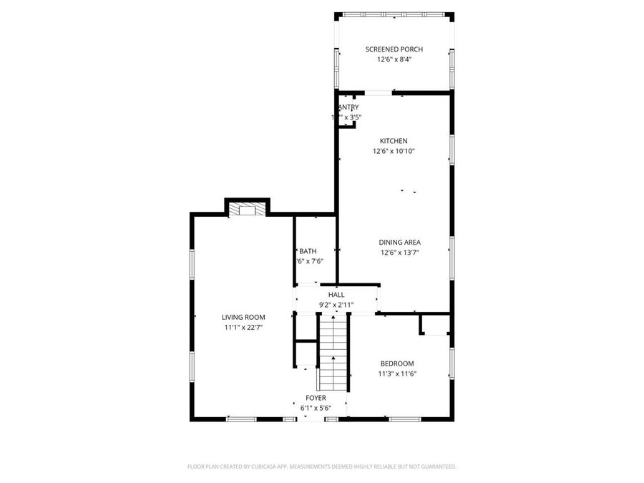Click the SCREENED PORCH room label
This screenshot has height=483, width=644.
tap(394, 49)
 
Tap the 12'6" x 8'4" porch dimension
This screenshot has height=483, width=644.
tap(394, 59)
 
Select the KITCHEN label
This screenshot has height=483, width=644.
tap(394, 141)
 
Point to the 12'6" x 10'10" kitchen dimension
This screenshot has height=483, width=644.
tap(394, 151)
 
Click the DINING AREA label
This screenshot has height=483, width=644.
tap(399, 242)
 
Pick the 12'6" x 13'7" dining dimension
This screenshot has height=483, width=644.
tap(399, 252)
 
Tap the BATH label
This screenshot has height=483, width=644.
tap(308, 251)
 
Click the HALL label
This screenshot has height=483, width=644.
tap(336, 294)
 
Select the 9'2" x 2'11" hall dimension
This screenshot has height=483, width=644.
tap(336, 304)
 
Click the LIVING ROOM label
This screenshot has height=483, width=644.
tap(243, 317)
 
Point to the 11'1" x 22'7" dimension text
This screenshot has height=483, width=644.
tap(243, 327)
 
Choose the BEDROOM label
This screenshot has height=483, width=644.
tap(396, 364)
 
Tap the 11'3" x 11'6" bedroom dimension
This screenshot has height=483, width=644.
tap(396, 374)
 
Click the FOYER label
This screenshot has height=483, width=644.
tap(316, 398)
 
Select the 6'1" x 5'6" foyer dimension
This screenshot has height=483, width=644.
tap(316, 408)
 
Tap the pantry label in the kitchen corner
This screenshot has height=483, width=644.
tap(347, 107)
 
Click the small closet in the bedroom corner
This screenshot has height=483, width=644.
tap(434, 324)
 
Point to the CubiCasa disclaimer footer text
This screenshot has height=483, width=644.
tap(322, 467)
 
